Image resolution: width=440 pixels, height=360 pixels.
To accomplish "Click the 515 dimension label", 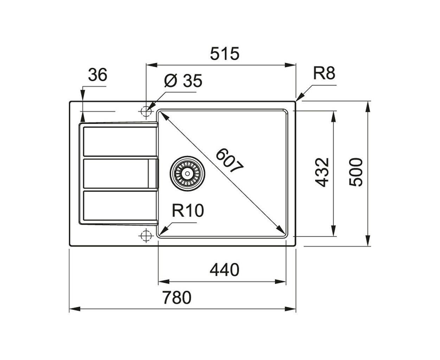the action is coord(225,54).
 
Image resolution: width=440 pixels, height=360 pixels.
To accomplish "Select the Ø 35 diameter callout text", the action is coord(183,81).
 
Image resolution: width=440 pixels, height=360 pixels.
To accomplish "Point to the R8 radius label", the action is coord(324,73).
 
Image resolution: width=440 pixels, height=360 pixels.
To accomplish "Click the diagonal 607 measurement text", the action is coord(229,160).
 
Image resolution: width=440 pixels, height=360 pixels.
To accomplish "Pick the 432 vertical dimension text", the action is coord(322,172).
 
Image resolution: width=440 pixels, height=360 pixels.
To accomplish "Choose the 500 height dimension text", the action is coord(356,172).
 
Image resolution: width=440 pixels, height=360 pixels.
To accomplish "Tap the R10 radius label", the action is coord(188,211).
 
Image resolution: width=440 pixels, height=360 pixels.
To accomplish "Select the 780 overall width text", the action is coord(177,298).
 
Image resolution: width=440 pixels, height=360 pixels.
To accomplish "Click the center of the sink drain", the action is coord(187,173).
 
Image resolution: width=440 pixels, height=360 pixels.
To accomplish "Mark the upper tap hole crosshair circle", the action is coord(146,111).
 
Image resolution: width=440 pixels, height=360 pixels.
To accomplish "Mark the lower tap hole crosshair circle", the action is coord(146,236).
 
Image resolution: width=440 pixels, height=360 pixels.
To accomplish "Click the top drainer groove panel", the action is coord(120,141).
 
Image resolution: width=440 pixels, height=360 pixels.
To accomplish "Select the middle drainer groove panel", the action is coord(120,174).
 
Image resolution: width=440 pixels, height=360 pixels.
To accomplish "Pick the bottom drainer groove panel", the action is coord(120,206).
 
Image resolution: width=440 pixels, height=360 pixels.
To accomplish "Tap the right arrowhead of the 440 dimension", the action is coord(280,282).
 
